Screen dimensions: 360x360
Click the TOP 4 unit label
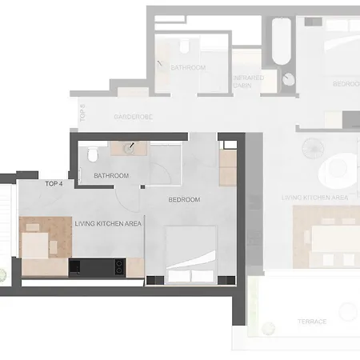click(x=54, y=184)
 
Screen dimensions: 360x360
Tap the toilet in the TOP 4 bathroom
click(x=93, y=152)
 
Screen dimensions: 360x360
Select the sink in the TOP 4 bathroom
click(x=125, y=147)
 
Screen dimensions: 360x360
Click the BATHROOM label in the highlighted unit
click(x=111, y=175)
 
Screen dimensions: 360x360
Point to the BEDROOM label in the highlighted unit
click(x=184, y=199)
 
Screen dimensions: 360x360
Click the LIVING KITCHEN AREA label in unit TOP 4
click(x=108, y=224)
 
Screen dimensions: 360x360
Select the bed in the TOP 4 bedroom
click(x=191, y=254)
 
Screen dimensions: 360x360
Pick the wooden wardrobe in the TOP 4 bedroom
click(x=228, y=167)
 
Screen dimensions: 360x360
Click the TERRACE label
click(x=313, y=322)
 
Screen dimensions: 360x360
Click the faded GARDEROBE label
click(x=133, y=117)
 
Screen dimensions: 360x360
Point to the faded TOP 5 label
click(x=83, y=112)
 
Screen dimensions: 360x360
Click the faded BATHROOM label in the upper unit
click(x=189, y=67)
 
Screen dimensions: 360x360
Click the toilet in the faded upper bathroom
click(x=183, y=43)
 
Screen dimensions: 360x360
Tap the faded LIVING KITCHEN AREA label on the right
click(x=314, y=197)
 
